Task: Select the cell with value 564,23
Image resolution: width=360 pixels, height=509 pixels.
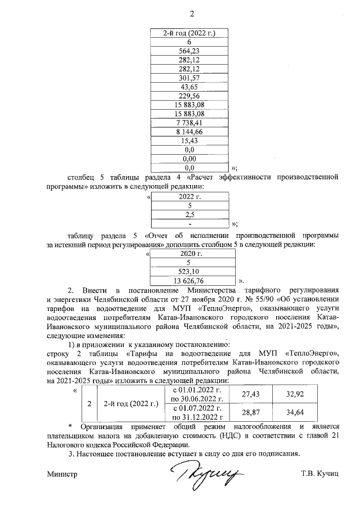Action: (x=189, y=51)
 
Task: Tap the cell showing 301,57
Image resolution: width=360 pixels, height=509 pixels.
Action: (x=189, y=78)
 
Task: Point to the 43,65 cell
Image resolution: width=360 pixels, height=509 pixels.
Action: (x=189, y=87)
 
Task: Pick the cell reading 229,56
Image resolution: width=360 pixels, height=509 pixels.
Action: (x=189, y=96)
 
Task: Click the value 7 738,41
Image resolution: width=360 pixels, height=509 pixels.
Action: (x=189, y=123)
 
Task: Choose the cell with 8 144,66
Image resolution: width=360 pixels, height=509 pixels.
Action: (x=189, y=132)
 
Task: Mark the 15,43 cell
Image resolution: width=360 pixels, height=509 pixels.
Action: (x=189, y=141)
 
